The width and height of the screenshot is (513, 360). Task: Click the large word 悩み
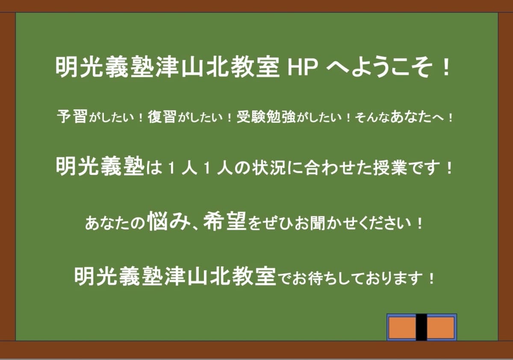click(168, 222)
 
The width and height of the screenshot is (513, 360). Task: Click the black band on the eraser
click(421, 327)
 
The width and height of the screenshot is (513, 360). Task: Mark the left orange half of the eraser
click(402, 327)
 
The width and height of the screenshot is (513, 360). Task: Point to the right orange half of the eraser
click(440, 327)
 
